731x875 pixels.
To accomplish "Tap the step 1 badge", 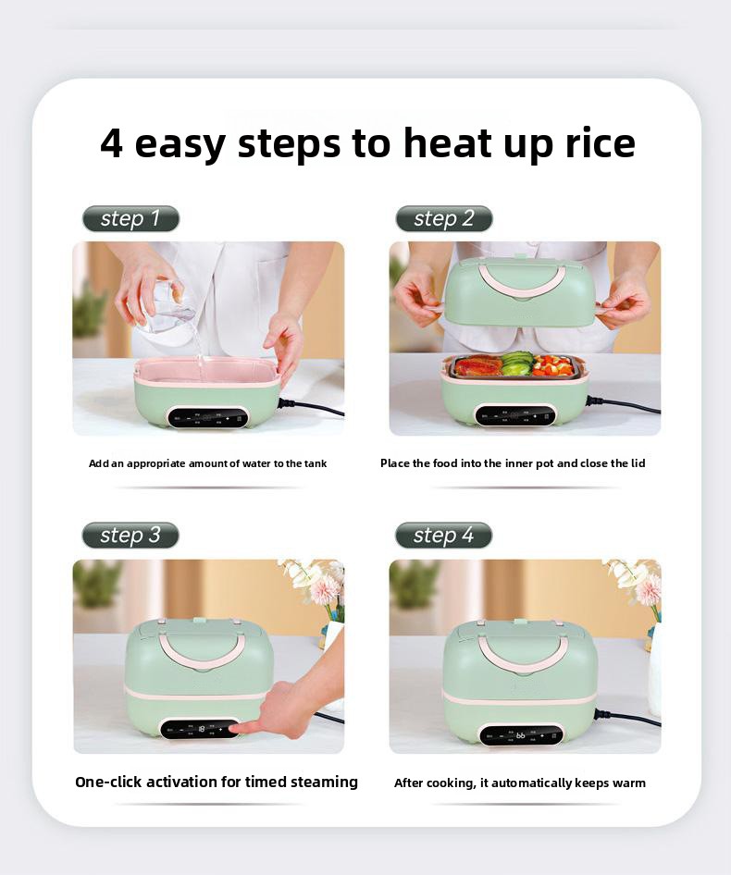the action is tap(130, 218).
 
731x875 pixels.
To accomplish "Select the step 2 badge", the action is tap(444, 218).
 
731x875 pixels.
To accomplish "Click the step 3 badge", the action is tap(130, 536).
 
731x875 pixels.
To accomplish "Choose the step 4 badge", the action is tap(443, 536).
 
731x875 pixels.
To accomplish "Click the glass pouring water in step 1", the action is tap(161, 307).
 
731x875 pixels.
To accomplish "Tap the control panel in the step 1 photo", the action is tap(208, 417).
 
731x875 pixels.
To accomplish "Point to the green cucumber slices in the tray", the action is tap(517, 363).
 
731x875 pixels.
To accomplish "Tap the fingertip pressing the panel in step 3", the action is tap(234, 728).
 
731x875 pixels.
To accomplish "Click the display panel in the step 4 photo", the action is tap(521, 735).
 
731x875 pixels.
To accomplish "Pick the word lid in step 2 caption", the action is tap(638, 463).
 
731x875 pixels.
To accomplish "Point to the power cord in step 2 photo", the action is tap(624, 405).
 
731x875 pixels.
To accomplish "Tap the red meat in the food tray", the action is tap(477, 366).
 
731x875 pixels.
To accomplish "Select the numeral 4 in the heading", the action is tap(111, 142).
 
